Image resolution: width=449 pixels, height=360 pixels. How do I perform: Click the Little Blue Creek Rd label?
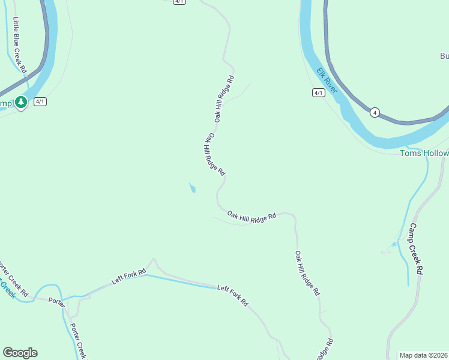tap(19, 46)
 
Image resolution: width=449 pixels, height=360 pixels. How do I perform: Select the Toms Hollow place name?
tap(424, 153)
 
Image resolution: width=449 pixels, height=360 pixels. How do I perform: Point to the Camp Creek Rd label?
tap(416, 249)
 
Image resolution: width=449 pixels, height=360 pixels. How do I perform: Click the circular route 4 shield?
tap(375, 112)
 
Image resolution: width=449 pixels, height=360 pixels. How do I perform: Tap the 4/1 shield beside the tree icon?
tap(40, 101)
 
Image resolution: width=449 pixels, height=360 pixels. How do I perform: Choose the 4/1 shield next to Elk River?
tap(318, 92)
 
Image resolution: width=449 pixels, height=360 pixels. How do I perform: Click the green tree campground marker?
tap(21, 103)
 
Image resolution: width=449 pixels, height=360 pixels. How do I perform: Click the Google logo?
tap(20, 353)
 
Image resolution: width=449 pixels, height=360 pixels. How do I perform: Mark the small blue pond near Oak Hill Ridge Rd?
tap(192, 188)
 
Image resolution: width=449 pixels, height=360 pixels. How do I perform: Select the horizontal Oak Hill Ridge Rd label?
tap(252, 216)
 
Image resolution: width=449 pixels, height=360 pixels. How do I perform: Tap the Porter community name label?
tap(56, 301)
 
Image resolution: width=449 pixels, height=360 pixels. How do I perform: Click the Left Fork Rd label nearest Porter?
tap(129, 277)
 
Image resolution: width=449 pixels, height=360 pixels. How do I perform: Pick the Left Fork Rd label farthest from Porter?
tap(233, 295)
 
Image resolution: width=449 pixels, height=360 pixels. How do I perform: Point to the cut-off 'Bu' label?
tap(444, 56)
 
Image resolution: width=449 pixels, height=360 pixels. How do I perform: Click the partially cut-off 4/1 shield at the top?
tap(179, 2)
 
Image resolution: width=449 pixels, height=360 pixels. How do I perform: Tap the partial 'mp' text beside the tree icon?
tap(5, 103)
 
